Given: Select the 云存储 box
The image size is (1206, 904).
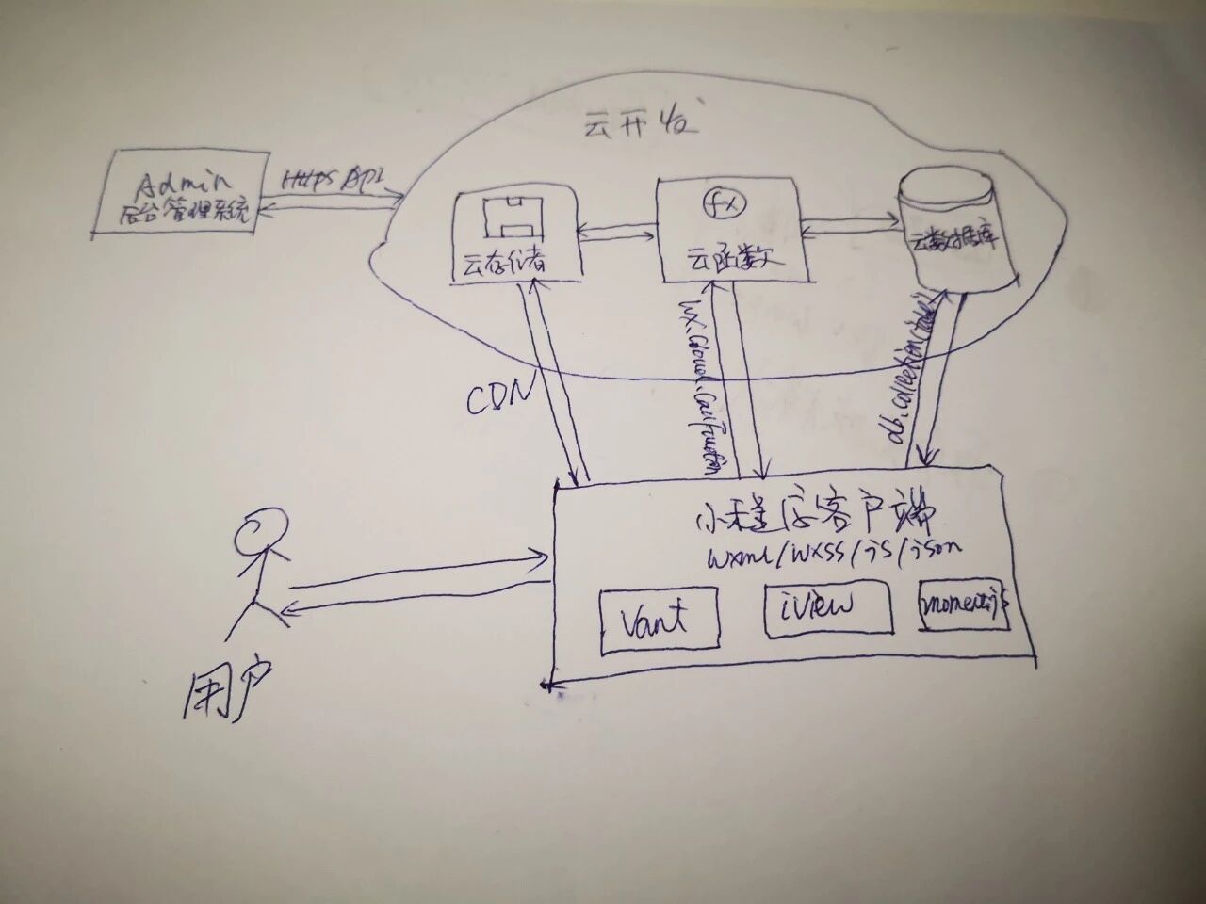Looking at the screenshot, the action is [x=515, y=236].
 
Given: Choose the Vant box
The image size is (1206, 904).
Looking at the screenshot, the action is [x=660, y=620].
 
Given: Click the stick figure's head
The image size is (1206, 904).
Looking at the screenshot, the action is [x=261, y=533].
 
